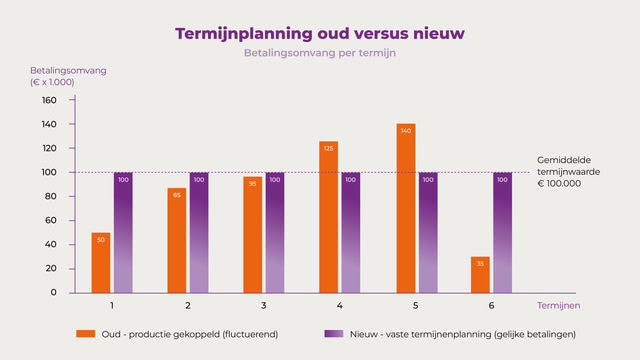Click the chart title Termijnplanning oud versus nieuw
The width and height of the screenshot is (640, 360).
point(320,34)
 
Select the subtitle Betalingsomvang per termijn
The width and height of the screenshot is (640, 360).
point(320,53)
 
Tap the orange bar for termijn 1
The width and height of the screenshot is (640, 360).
point(101,263)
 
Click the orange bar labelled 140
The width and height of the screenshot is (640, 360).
point(406,208)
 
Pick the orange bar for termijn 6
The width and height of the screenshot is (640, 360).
point(480,275)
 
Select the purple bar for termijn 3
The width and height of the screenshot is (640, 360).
point(275,233)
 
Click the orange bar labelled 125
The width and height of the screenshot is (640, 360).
point(329,217)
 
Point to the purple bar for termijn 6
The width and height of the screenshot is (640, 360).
point(502,233)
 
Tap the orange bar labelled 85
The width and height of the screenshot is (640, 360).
point(177,240)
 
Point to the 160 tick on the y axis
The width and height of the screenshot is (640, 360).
point(72,100)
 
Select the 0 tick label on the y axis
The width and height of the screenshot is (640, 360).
point(53,292)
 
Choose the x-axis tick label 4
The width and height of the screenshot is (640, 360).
point(340,305)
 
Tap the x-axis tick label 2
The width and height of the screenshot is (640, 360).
point(188,305)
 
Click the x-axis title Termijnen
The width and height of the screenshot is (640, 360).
point(558,305)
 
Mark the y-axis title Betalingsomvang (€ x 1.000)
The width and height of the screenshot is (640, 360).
point(68,76)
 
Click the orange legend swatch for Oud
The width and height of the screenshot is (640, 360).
point(86,334)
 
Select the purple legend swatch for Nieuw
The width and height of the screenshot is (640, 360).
point(334,334)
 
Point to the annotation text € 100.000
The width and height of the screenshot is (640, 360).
point(559,184)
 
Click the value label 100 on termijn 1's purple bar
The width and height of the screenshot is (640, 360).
point(123,180)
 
